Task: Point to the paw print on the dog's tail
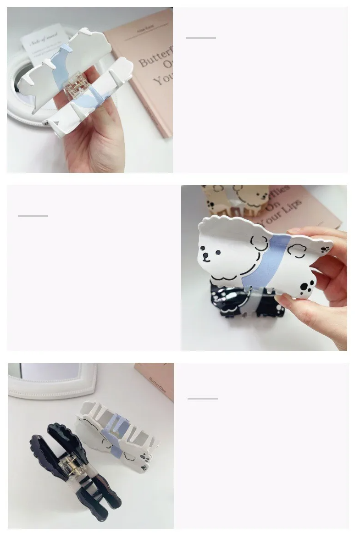coord(326,250)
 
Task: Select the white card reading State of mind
coord(44,41)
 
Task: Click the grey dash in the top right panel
coord(200,38)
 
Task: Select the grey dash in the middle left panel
coord(33,216)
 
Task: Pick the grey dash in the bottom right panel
coord(202,398)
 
